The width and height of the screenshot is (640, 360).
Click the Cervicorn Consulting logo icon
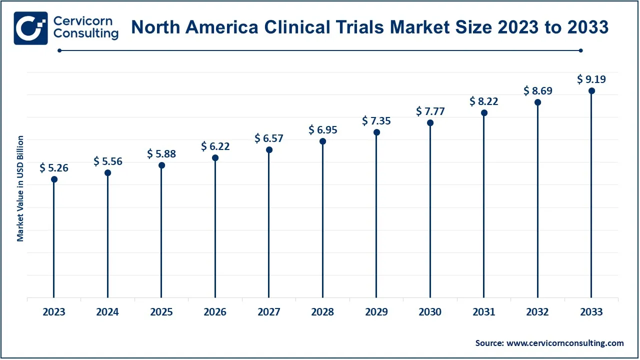point(31,28)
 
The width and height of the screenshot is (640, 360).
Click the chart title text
point(369,27)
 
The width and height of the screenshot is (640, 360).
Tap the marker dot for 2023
point(54,179)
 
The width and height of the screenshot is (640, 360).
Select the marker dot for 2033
point(591,90)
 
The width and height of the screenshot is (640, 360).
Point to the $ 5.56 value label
point(108,161)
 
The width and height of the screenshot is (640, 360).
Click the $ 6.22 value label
point(215,146)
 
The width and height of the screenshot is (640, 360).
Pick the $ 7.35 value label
point(376,120)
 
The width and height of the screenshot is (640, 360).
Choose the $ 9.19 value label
point(591,79)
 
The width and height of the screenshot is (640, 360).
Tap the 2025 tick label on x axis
point(161,312)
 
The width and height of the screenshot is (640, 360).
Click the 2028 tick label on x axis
point(322,312)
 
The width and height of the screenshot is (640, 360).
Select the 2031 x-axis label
point(484,312)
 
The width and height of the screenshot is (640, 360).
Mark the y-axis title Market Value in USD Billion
point(20,188)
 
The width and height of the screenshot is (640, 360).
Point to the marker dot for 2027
point(269,150)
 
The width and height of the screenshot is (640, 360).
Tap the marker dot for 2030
point(430,122)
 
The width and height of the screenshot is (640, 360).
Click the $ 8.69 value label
point(538,91)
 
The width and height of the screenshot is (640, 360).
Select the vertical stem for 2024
point(108,235)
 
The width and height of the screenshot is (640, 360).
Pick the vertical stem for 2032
point(538,200)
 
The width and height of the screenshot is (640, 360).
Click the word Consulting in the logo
point(86,33)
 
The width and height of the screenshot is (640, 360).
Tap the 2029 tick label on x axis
point(376,312)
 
